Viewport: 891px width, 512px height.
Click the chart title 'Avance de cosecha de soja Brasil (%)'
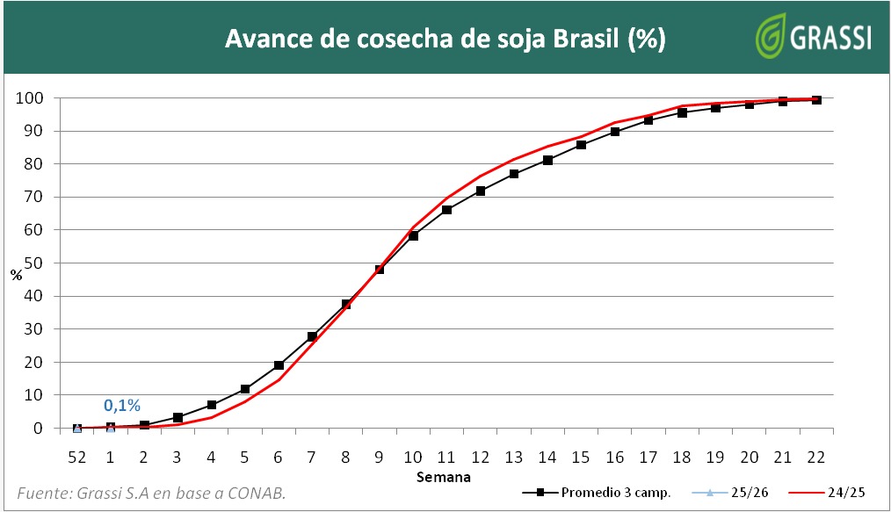click(445, 40)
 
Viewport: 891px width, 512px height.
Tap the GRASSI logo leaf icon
click(772, 36)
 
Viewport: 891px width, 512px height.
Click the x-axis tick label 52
click(76, 456)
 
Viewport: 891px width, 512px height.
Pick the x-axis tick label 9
click(379, 456)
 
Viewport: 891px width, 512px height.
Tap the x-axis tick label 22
click(816, 456)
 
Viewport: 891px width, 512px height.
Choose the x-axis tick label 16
click(614, 456)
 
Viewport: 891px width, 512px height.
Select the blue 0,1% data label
click(122, 405)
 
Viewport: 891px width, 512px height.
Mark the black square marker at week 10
click(413, 235)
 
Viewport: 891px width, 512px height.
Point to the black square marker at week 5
click(244, 389)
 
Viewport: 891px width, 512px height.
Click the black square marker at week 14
click(547, 160)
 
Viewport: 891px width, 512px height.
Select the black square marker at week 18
click(682, 112)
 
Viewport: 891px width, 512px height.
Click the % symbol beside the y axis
click(16, 274)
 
